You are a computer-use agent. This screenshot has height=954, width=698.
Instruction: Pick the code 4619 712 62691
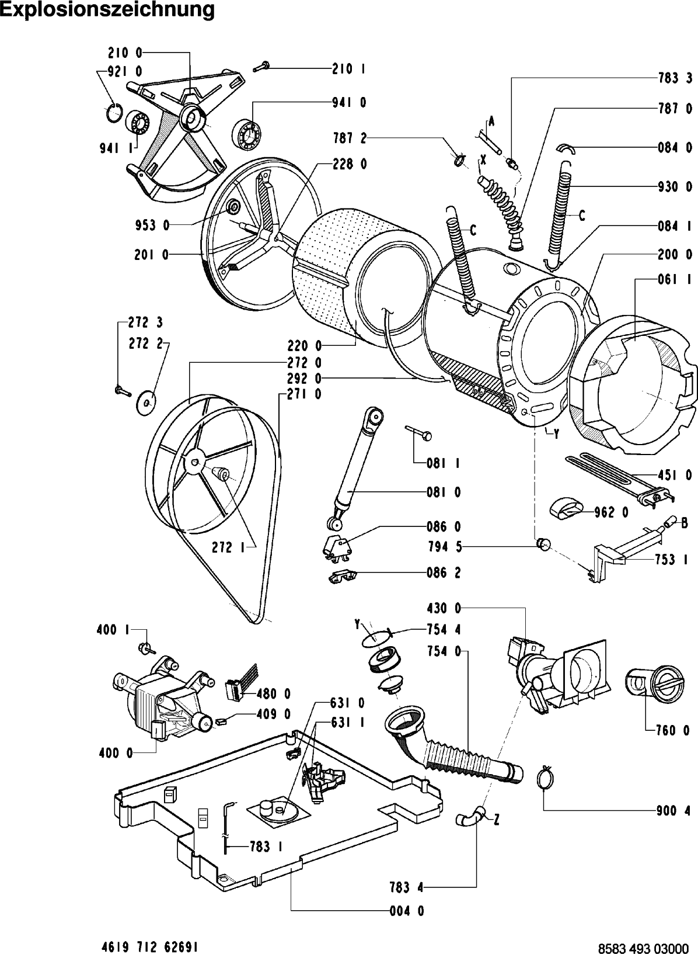pos(147,944)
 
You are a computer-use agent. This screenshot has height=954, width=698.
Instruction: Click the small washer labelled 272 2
pos(146,402)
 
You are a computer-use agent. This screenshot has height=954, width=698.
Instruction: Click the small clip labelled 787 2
pos(459,159)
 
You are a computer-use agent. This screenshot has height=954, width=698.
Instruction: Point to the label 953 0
pos(152,226)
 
